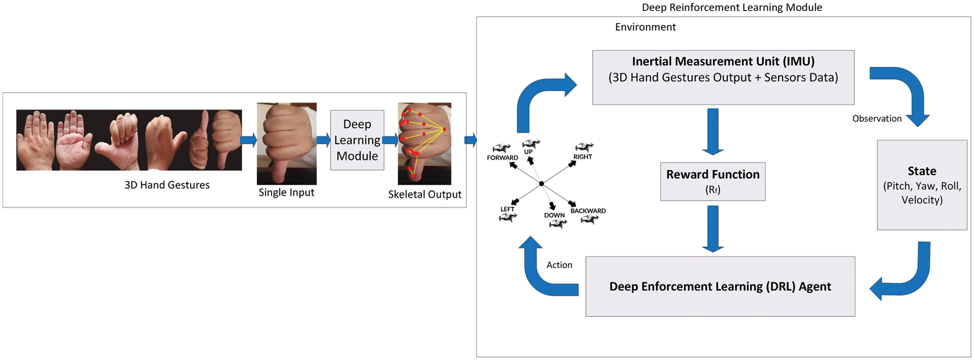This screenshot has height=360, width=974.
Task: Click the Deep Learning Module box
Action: click(x=357, y=140)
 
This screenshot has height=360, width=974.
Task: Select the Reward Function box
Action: click(x=713, y=182)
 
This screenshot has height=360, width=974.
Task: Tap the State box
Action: click(x=922, y=185)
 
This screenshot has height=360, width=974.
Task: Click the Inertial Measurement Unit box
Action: click(x=723, y=77)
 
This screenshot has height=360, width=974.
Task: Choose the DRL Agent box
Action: click(x=720, y=287)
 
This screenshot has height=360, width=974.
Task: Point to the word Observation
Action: click(x=877, y=119)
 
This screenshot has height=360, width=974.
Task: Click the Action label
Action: click(x=559, y=265)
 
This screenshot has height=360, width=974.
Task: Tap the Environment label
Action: click(x=645, y=27)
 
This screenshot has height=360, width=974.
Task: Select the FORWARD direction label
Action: click(x=502, y=158)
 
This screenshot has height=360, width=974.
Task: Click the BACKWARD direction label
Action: click(x=588, y=211)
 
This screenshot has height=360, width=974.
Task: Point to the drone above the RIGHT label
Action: click(x=584, y=147)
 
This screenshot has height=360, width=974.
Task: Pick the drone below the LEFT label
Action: click(x=507, y=217)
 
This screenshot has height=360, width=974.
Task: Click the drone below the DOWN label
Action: click(x=558, y=224)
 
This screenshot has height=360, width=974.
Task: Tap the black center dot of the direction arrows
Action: click(x=541, y=184)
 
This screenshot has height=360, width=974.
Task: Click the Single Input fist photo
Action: click(x=287, y=144)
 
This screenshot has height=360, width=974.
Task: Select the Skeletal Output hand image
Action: click(x=425, y=144)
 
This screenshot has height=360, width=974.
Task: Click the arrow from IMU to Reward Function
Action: click(x=713, y=131)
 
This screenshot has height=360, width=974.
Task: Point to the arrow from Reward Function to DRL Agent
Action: click(x=713, y=229)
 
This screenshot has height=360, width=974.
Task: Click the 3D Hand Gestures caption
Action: click(x=167, y=185)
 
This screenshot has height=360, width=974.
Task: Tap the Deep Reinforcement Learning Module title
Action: click(x=732, y=7)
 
